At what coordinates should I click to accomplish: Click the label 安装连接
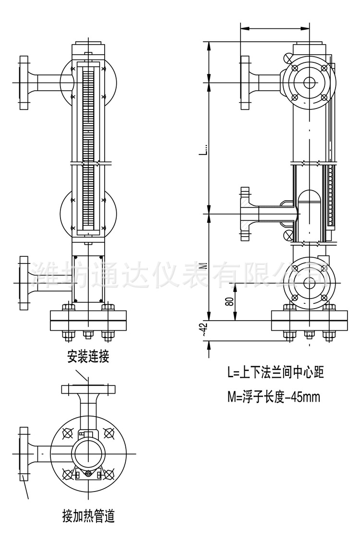point(88,357)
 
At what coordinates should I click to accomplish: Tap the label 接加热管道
point(88,517)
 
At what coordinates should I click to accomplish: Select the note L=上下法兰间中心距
point(276,372)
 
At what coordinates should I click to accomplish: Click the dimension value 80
point(229,302)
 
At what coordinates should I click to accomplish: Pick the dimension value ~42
point(204,331)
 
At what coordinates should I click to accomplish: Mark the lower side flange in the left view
point(24,282)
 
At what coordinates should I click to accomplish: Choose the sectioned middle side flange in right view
point(246,214)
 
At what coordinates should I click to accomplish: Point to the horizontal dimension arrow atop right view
point(275,28)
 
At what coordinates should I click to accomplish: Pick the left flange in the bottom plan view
point(24,454)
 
